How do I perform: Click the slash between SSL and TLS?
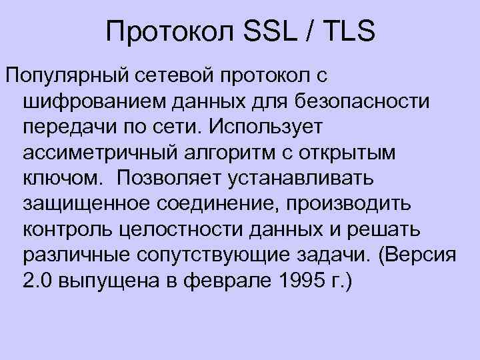312,31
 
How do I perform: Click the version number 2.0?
36,280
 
